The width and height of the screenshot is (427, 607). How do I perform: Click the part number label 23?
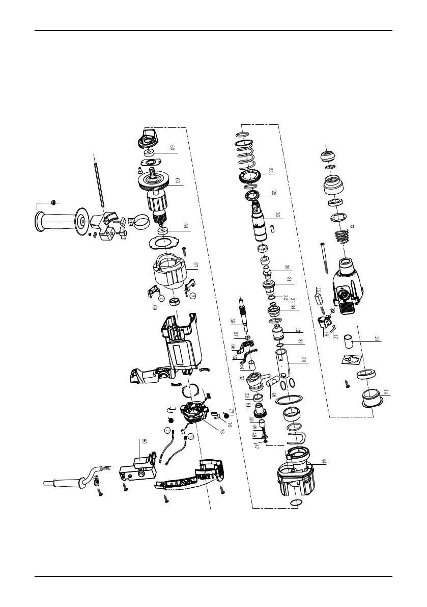pyautogui.click(x=271, y=171)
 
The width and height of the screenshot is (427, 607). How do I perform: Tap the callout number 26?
pyautogui.click(x=277, y=215)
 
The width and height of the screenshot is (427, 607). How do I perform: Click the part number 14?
pyautogui.click(x=385, y=392)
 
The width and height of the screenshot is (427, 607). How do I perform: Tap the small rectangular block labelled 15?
pyautogui.click(x=319, y=292)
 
